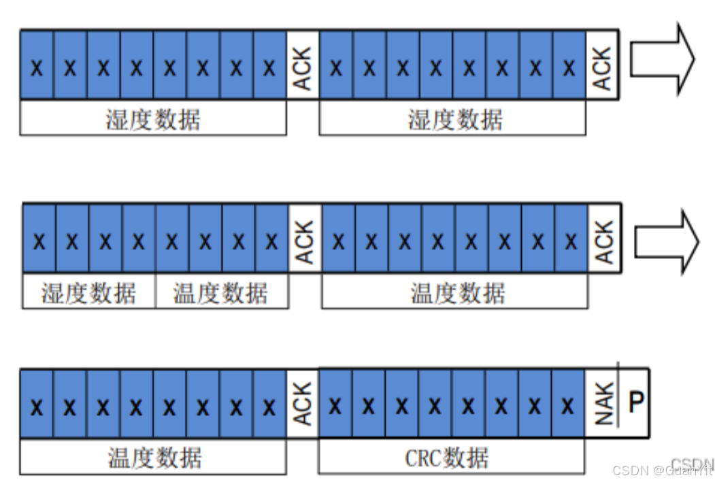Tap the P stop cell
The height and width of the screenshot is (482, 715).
(x=635, y=402)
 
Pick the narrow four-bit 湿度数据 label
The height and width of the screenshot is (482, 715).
(x=88, y=294)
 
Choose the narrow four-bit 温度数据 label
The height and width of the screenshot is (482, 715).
(x=220, y=294)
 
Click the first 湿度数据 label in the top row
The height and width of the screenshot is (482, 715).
(x=153, y=120)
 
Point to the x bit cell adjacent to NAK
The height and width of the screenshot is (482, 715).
(x=568, y=406)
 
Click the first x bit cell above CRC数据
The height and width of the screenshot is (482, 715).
(x=335, y=406)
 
